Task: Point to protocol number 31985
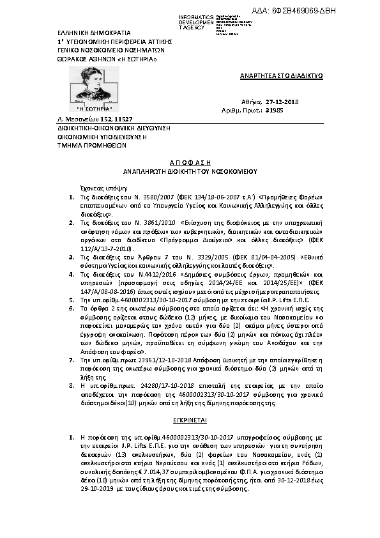click(292, 111)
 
